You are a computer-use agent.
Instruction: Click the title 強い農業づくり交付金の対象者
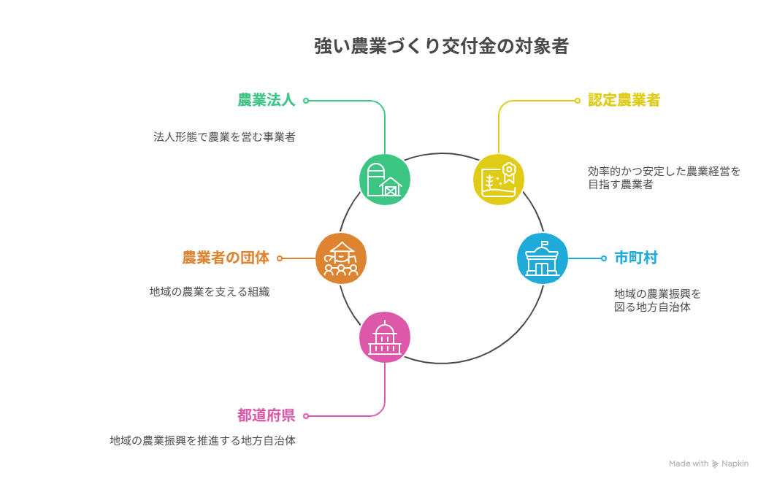coord(441,46)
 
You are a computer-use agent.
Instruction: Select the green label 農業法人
coord(267,100)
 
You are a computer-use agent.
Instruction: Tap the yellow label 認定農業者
coord(624,100)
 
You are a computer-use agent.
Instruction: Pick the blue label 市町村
coord(635,258)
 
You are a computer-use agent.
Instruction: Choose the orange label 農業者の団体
coord(226,258)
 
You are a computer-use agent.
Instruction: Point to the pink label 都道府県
coord(267,415)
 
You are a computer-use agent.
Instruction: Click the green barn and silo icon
coord(385,180)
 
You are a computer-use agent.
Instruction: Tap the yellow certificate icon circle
coord(498,180)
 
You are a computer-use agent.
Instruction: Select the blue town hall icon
coord(543,258)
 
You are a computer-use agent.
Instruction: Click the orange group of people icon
coord(341,258)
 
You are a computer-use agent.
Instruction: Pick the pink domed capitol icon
coord(385,337)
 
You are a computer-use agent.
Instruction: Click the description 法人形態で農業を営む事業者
coord(224,137)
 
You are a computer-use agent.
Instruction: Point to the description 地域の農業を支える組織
coord(210,291)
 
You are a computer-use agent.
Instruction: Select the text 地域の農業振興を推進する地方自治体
coord(203,440)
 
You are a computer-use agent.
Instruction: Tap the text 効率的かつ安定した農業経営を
coord(664,172)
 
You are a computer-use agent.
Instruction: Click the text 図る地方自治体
coord(652,307)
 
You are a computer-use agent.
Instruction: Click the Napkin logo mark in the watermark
coord(715,464)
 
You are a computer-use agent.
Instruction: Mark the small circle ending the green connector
coord(306,101)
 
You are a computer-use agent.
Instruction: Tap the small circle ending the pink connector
coord(306,416)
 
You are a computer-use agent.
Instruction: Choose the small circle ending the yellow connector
coord(578,101)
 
